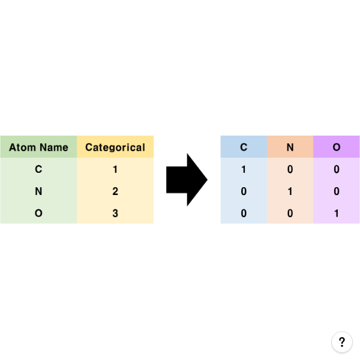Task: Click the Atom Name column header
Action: pos(38,148)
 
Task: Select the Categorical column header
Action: pos(115,148)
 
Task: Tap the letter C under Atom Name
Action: pos(38,169)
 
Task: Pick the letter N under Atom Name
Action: pos(38,191)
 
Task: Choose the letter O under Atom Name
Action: pos(38,213)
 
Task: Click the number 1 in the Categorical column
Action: pos(115,169)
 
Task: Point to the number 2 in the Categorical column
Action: pos(115,191)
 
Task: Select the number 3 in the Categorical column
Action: pos(115,213)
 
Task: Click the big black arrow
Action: pos(187,180)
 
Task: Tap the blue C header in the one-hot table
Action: pos(244,147)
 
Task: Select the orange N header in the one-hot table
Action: pos(290,147)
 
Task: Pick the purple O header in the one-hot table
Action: pos(337,147)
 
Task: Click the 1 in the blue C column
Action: pos(244,169)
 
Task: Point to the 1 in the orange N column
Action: pos(290,191)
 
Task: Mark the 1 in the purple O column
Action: pos(337,213)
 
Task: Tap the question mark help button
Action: pos(342,342)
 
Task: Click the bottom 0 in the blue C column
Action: pos(244,213)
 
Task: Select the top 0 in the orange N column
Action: pos(290,169)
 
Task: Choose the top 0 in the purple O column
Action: pos(337,169)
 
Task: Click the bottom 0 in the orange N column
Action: pos(290,213)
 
